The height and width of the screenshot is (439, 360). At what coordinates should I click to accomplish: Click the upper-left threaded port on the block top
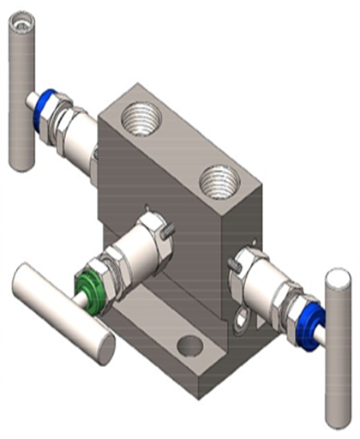pos(141,116)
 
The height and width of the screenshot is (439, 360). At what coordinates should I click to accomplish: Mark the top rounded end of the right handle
pos(337,278)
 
